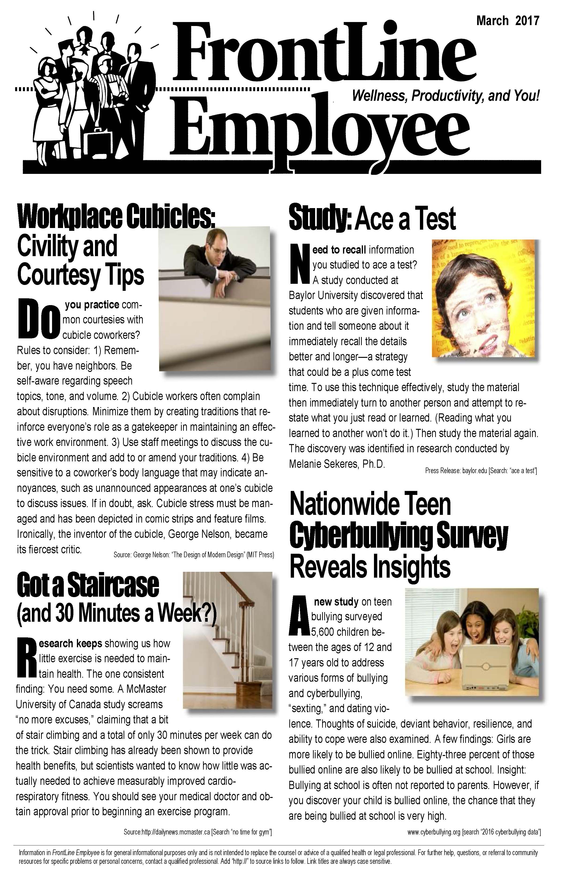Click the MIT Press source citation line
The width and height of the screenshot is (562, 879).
(193, 555)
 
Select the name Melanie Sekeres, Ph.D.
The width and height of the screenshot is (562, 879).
(337, 464)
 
